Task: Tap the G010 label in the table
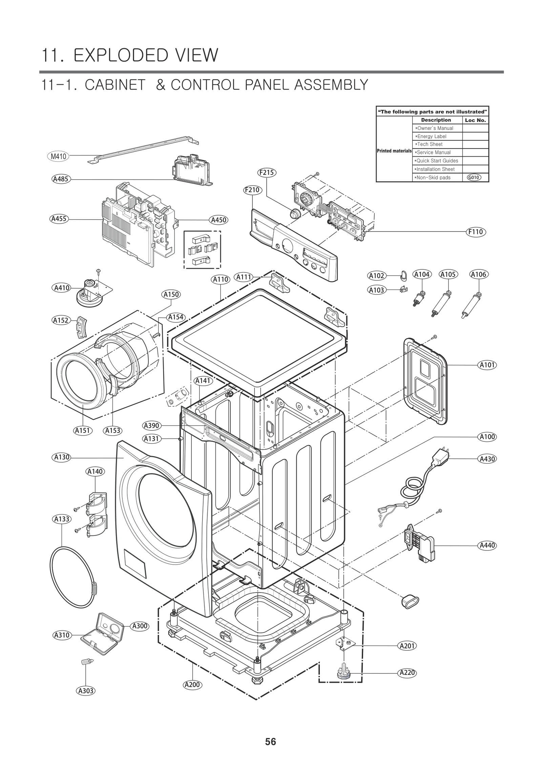[474, 177]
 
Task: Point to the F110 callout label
[476, 232]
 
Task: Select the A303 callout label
[86, 690]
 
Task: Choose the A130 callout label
[62, 457]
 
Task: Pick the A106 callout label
[479, 274]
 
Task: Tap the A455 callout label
[59, 219]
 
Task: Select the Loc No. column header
[475, 120]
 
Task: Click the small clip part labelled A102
[403, 276]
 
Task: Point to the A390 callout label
[151, 425]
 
